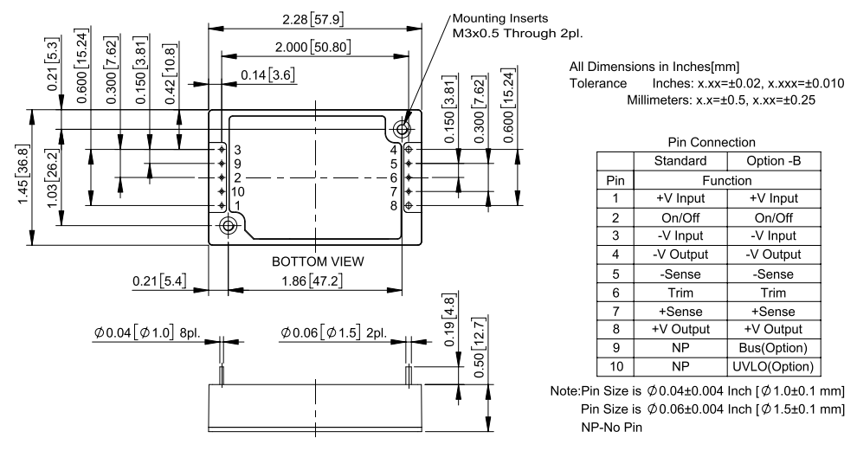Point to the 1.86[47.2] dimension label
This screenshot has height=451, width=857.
click(316, 282)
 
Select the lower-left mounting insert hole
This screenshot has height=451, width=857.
click(229, 227)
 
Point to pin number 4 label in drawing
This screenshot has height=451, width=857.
click(393, 150)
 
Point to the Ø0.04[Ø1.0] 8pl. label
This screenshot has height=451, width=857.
click(147, 333)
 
